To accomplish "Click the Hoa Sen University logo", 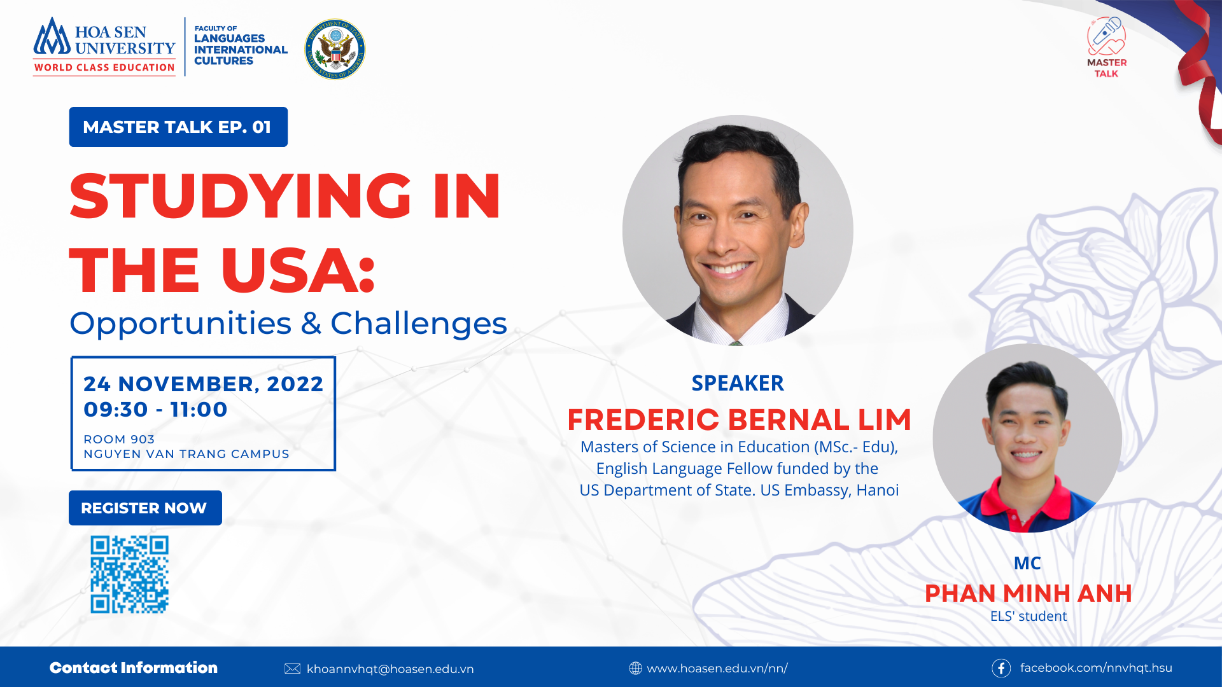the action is tap(104, 46).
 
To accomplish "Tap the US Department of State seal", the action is tap(335, 49).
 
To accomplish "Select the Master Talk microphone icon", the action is tap(1106, 36).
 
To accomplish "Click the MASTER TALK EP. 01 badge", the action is tap(178, 127).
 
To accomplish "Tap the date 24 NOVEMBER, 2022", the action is tap(204, 384).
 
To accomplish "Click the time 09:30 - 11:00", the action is tap(155, 409).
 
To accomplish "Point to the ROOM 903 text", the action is tap(119, 439).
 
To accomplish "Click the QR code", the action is tap(129, 574).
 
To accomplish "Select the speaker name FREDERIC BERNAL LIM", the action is tap(739, 420).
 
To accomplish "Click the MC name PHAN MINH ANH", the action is tap(1028, 593).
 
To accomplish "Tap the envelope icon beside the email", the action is tap(292, 669).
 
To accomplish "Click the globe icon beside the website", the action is tap(635, 668).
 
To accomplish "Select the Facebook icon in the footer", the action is tap(1001, 668).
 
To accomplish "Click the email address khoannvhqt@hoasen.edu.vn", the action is tap(390, 669).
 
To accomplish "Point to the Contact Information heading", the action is tap(134, 667).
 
